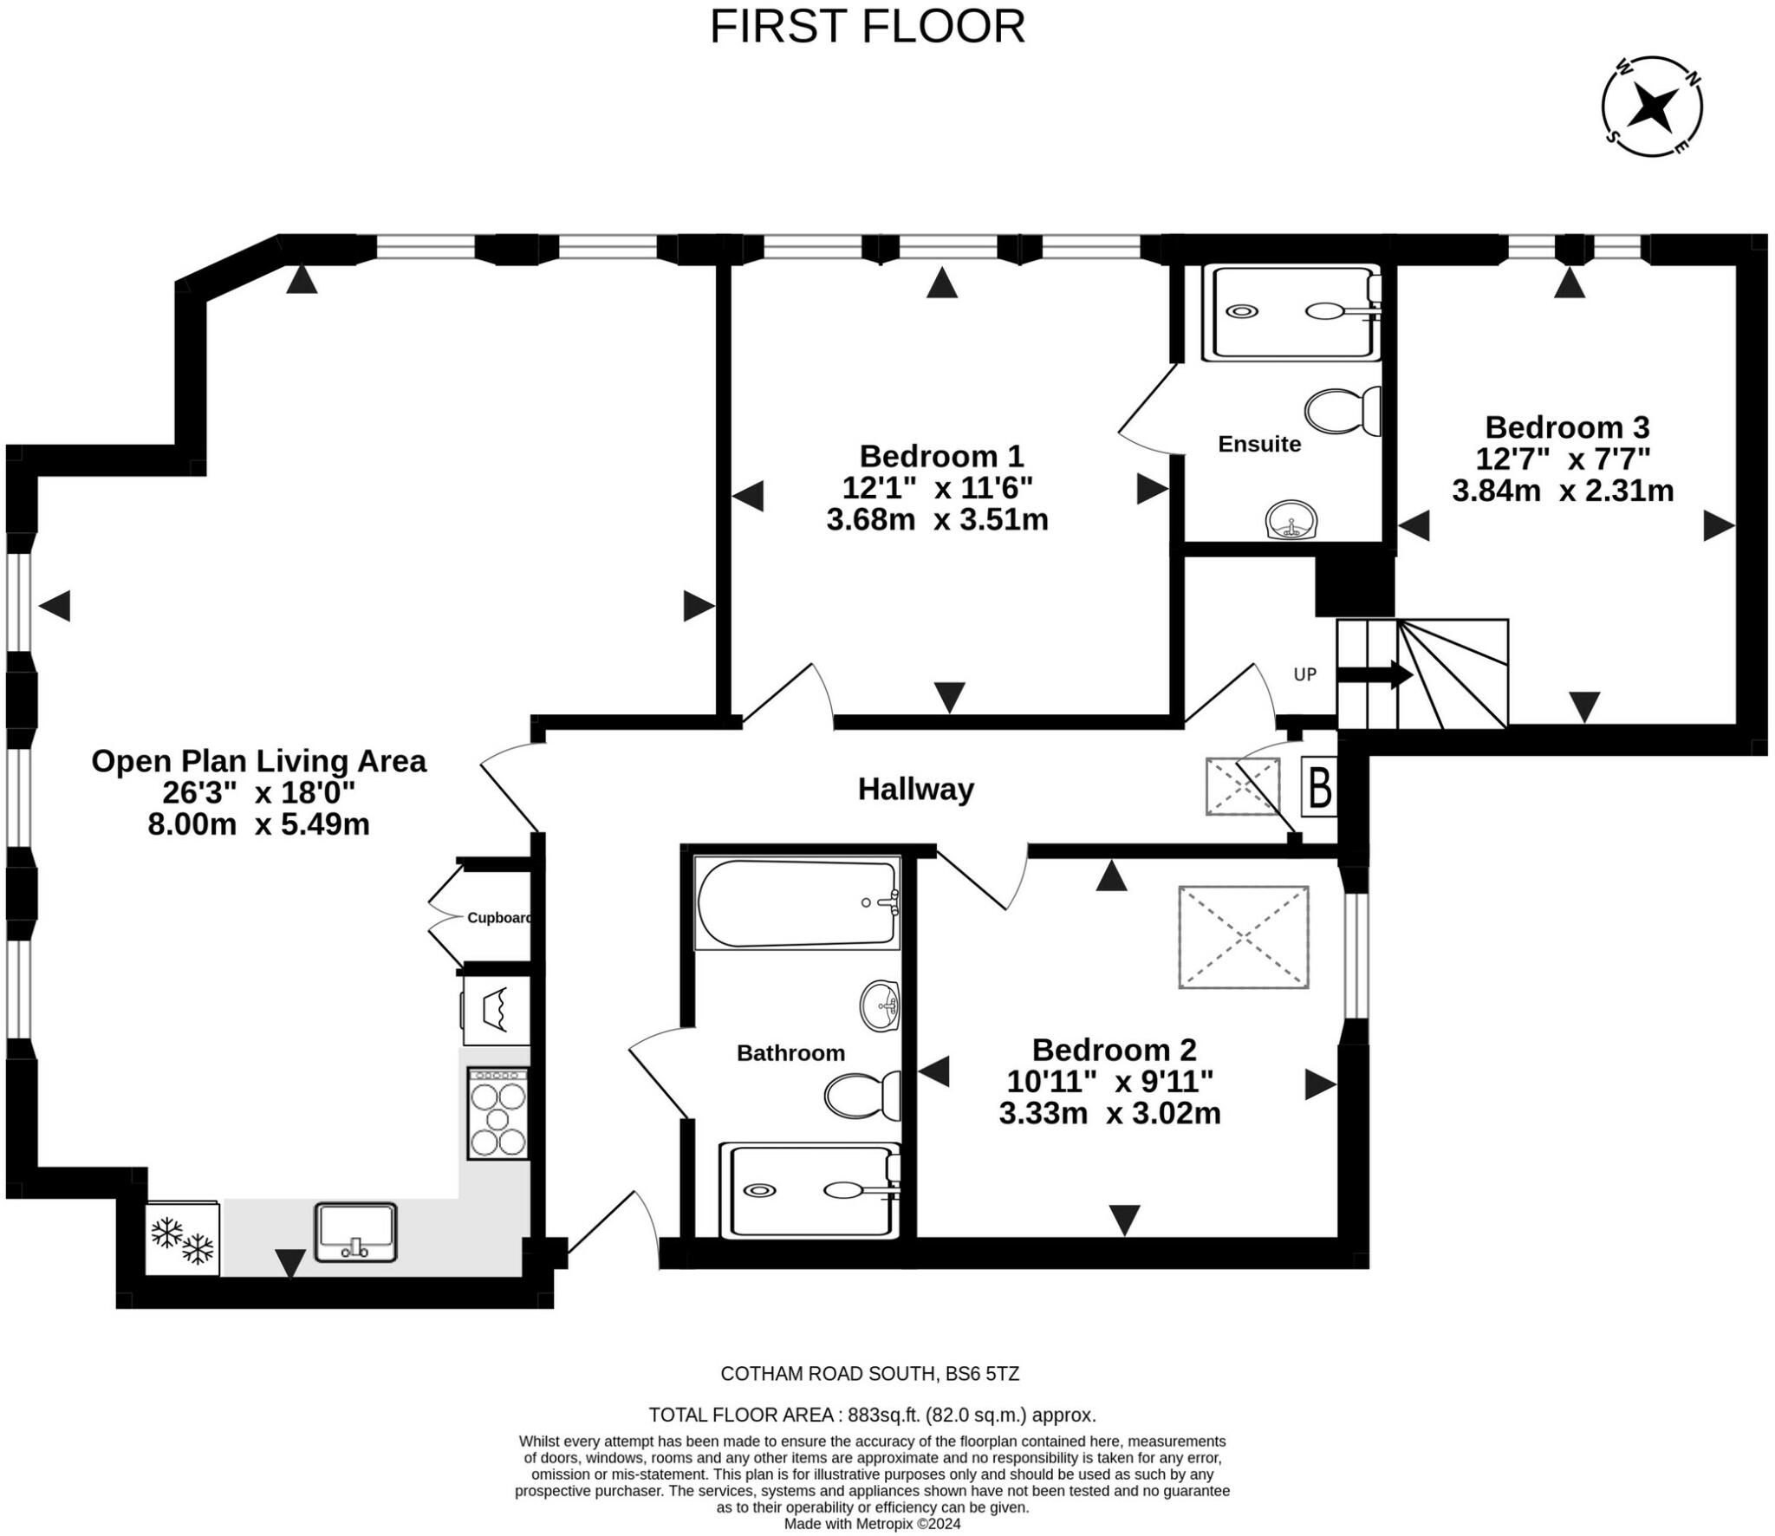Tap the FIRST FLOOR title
click(868, 27)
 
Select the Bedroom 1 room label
click(941, 455)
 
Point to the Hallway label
click(915, 789)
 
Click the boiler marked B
click(1319, 787)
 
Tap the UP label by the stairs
click(1304, 674)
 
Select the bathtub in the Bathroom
click(797, 903)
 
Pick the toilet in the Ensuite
click(1343, 412)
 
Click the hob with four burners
click(497, 1114)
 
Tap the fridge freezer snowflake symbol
click(182, 1240)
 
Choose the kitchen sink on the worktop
click(355, 1232)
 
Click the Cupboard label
click(499, 917)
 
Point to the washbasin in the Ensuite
click(1291, 520)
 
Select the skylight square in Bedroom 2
click(1243, 937)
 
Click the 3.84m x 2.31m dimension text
click(1563, 491)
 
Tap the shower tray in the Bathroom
click(810, 1191)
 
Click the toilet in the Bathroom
click(862, 1096)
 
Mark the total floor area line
click(873, 1415)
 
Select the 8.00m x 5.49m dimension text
click(258, 823)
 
